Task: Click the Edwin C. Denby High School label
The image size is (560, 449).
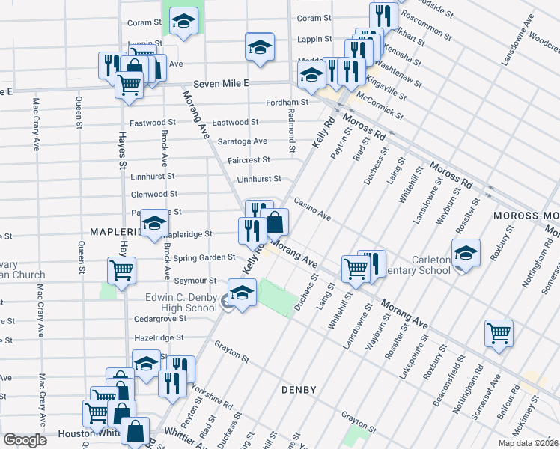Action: pyautogui.click(x=180, y=302)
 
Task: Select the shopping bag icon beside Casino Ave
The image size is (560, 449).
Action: pyautogui.click(x=275, y=222)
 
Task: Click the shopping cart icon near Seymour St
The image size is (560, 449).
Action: pyautogui.click(x=121, y=271)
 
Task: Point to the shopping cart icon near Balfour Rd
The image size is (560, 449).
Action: pyautogui.click(x=499, y=333)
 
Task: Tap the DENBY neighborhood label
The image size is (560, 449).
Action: pyautogui.click(x=300, y=390)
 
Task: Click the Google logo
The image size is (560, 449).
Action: pyautogui.click(x=25, y=440)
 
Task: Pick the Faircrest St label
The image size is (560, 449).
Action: pyautogui.click(x=249, y=159)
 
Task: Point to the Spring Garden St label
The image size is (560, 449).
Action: pyautogui.click(x=204, y=257)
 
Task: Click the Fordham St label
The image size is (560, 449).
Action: pyautogui.click(x=287, y=102)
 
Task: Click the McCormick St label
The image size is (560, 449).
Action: pyautogui.click(x=380, y=108)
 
